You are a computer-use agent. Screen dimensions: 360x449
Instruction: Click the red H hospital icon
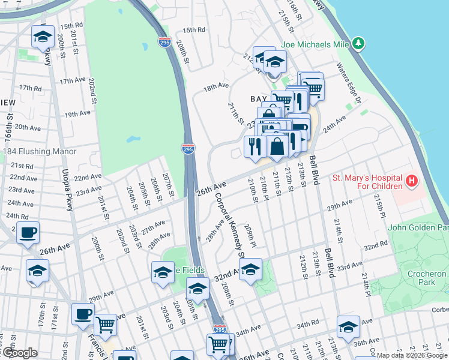pos(412,180)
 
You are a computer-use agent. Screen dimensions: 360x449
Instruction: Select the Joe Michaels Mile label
pos(315,44)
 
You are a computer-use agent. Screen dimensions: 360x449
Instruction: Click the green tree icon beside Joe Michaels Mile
pos(358,43)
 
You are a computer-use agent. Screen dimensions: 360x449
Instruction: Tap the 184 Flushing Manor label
pos(40,151)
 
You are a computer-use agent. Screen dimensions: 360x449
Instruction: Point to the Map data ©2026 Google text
pos(411,355)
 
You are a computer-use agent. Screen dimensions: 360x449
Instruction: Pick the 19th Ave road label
pos(77,114)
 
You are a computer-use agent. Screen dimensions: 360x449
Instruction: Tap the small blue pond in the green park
pos(132,140)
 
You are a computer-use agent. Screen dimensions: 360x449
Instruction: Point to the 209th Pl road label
pos(250,235)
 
